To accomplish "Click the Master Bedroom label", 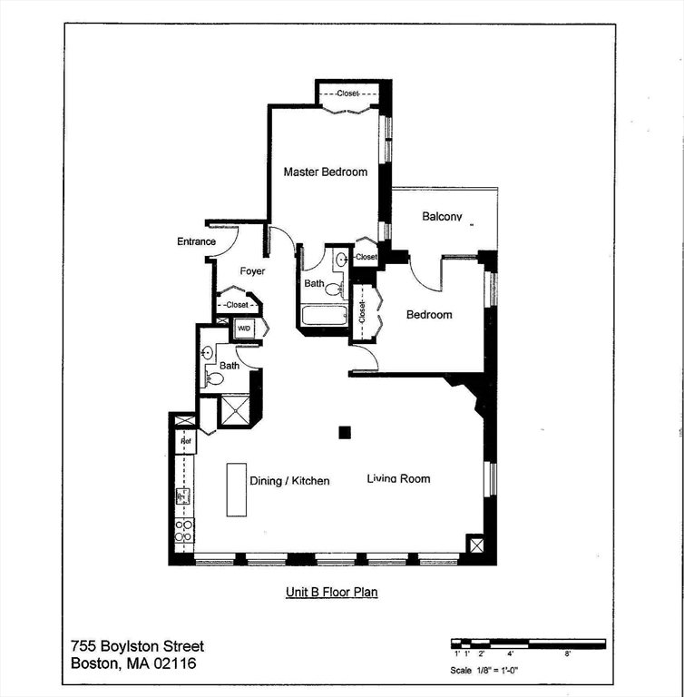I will click(x=325, y=172).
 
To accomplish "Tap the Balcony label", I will click(x=443, y=217).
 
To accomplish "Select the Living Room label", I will click(x=398, y=478).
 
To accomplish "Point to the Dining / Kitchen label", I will click(x=289, y=480).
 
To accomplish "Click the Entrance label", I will click(x=196, y=241).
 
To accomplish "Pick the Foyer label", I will click(x=252, y=270).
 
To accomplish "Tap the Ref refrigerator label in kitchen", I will click(x=184, y=441).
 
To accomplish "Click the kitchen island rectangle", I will click(x=236, y=490).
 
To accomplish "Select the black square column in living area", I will click(x=345, y=433).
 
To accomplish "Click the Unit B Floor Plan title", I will click(x=332, y=592).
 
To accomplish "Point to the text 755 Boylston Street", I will click(x=138, y=646).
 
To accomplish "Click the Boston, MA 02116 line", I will click(x=132, y=663).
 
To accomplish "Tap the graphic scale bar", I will click(x=528, y=643).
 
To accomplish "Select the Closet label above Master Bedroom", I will click(x=347, y=93).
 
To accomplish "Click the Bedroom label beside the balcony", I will click(x=429, y=315).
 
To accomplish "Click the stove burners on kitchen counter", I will click(x=183, y=530).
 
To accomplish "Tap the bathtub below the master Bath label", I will click(x=324, y=316).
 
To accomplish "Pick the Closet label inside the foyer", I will click(x=237, y=305).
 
